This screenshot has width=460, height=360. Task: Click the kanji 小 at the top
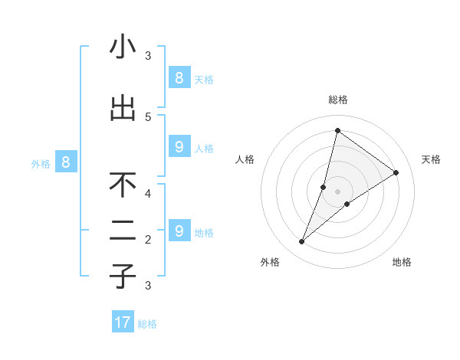pyautogui.click(x=123, y=47)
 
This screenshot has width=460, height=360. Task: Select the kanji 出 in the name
pyautogui.click(x=123, y=108)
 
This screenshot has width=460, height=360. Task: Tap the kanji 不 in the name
pyautogui.click(x=123, y=185)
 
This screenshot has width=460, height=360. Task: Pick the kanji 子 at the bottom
pyautogui.click(x=123, y=277)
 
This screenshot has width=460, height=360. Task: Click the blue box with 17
pyautogui.click(x=123, y=322)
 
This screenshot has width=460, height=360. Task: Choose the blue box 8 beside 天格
pyautogui.click(x=179, y=77)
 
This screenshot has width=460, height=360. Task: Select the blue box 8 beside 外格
pyautogui.click(x=66, y=162)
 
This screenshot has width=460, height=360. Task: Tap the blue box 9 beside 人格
pyautogui.click(x=179, y=146)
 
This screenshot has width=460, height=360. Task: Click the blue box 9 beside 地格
pyautogui.click(x=179, y=231)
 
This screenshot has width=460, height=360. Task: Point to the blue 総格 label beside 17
pyautogui.click(x=147, y=324)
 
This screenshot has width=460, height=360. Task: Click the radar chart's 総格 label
pyautogui.click(x=337, y=100)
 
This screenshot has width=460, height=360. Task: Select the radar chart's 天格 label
pyautogui.click(x=431, y=159)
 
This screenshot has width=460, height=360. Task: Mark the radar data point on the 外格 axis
pyautogui.click(x=301, y=242)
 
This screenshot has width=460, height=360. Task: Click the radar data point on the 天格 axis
pyautogui.click(x=396, y=172)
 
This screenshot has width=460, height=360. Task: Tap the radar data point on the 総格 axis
pyautogui.click(x=337, y=130)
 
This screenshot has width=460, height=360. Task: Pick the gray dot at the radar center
pyautogui.click(x=337, y=191)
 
